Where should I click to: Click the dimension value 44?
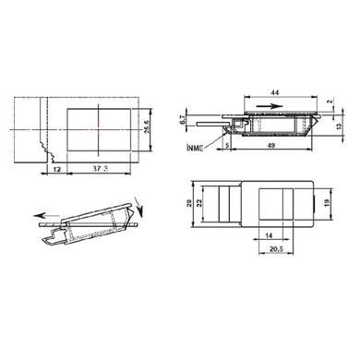pyautogui.click(x=276, y=92)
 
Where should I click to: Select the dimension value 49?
pyautogui.click(x=270, y=146)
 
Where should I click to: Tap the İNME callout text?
pyautogui.click(x=195, y=148)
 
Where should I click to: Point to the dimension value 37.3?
pyautogui.click(x=101, y=168)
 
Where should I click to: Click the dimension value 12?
pyautogui.click(x=56, y=169)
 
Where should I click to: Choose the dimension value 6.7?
pyautogui.click(x=182, y=120)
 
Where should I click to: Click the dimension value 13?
pyautogui.click(x=339, y=126)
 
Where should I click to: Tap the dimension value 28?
pyautogui.click(x=189, y=203)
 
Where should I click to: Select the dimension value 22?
pyautogui.click(x=199, y=203)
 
